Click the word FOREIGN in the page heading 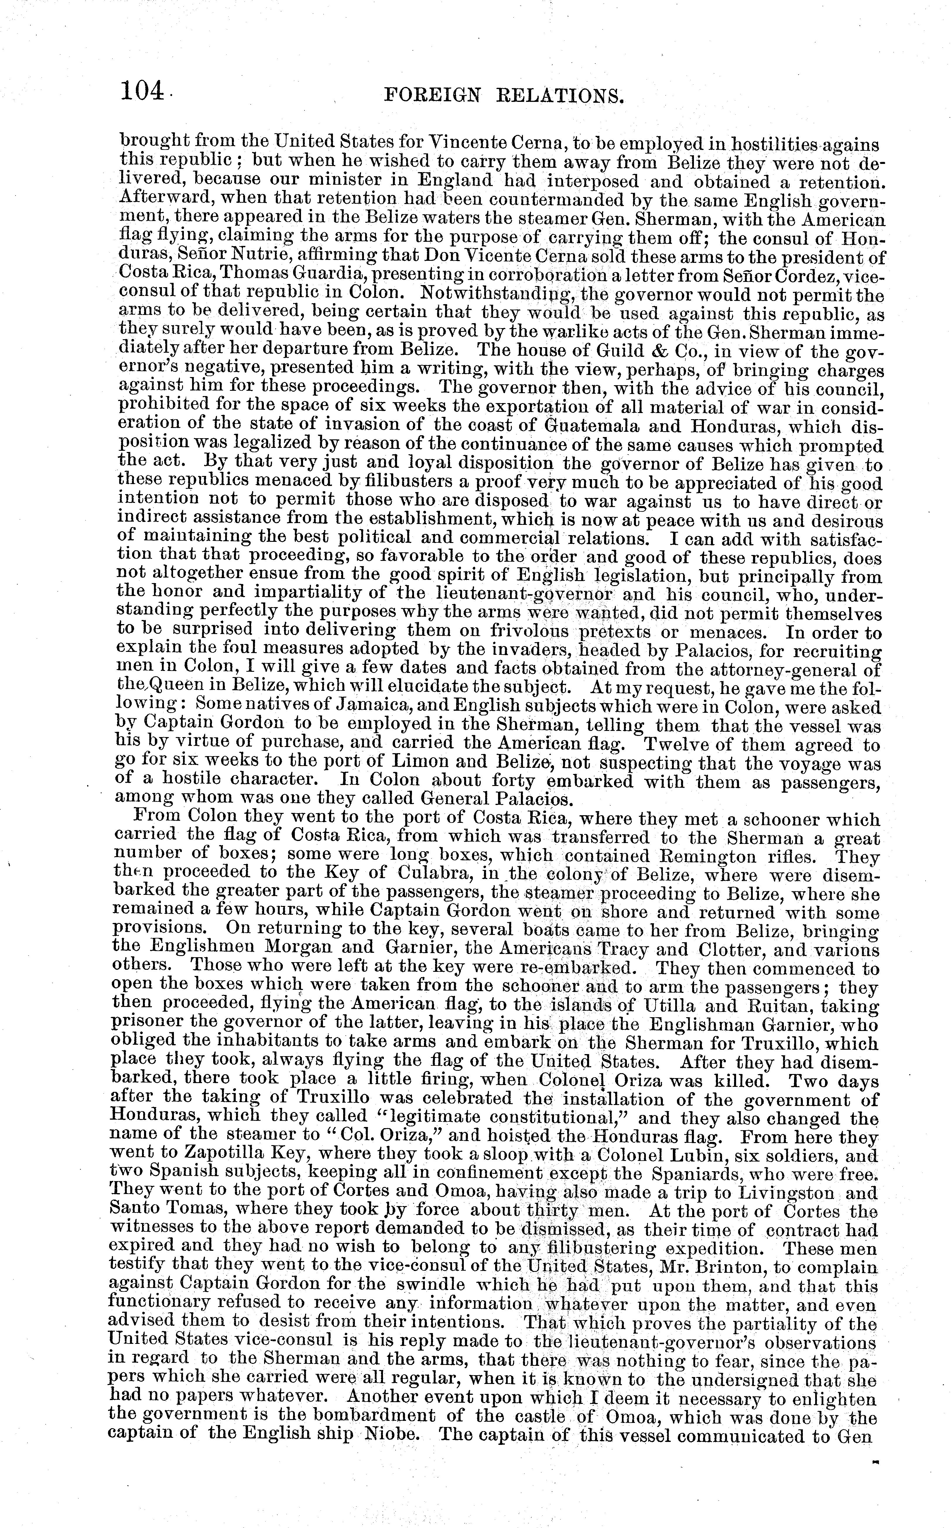tap(432, 96)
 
